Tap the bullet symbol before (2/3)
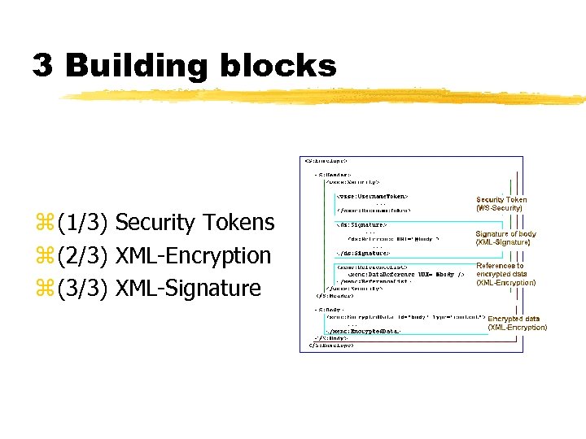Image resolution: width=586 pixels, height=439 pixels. (x=43, y=256)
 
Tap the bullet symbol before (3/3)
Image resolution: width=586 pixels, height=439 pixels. (x=43, y=289)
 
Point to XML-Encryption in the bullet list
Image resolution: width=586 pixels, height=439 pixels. (x=194, y=255)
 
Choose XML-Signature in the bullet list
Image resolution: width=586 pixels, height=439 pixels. (x=188, y=288)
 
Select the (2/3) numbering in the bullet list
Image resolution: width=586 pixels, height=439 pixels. (x=85, y=255)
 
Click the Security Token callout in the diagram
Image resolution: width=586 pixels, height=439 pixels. (x=501, y=203)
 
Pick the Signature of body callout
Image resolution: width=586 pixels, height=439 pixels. (x=505, y=237)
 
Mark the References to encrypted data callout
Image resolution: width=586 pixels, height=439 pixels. (x=505, y=274)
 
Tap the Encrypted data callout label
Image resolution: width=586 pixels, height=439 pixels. (x=517, y=323)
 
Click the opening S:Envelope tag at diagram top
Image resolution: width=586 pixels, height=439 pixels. (x=326, y=160)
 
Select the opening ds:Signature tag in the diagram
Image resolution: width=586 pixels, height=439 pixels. (x=361, y=224)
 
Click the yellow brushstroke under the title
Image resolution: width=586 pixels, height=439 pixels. (x=326, y=97)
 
